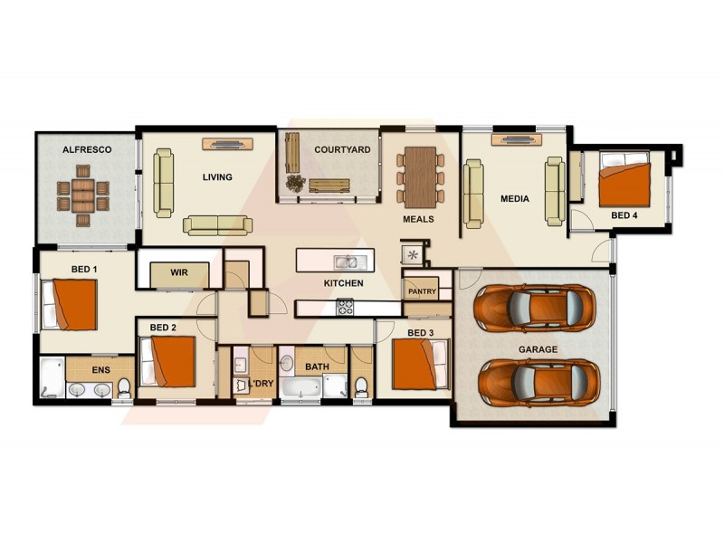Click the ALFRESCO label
87,149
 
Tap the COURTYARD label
342,149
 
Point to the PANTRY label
422,291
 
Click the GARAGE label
538,348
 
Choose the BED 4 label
624,215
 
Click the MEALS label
418,219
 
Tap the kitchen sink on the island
345,262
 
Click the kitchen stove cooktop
345,307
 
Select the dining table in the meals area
419,176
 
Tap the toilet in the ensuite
124,387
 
